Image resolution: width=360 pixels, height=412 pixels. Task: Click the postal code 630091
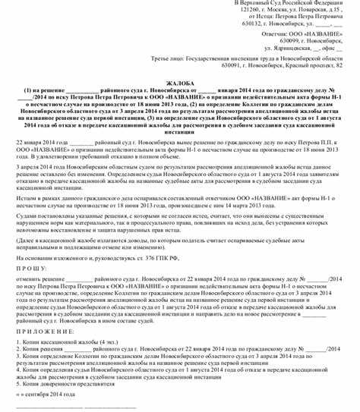coord(232,65)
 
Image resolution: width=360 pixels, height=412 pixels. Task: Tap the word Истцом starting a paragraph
coord(27,195)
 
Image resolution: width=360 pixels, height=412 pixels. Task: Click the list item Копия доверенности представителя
coord(65,385)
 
